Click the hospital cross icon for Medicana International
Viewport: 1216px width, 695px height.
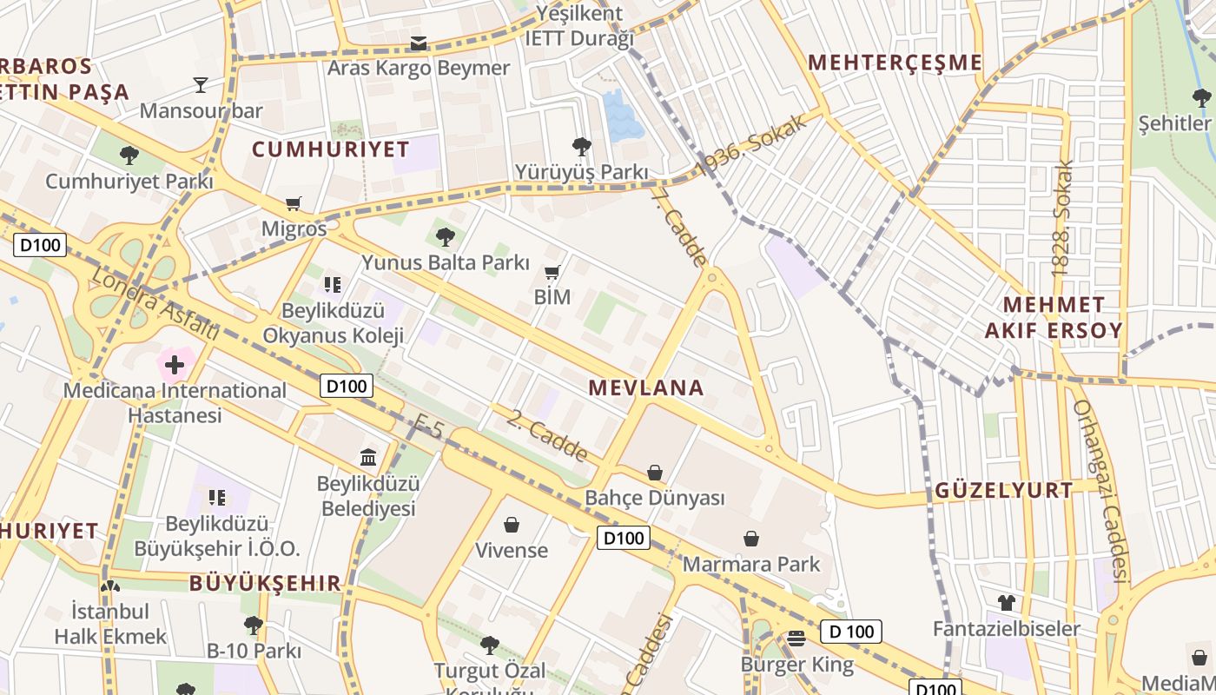[175, 364]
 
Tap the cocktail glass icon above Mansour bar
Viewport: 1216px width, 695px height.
[201, 84]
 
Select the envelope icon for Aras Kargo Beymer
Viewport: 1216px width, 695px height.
[419, 43]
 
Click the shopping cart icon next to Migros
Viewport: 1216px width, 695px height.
[294, 203]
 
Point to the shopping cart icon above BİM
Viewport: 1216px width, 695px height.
[552, 272]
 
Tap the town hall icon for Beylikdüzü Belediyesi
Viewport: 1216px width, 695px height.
[368, 457]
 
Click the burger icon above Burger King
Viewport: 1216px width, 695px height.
[796, 639]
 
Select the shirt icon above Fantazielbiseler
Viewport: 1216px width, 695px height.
[1007, 602]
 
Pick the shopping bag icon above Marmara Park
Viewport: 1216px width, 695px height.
[751, 539]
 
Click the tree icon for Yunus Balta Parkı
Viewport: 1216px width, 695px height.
[446, 235]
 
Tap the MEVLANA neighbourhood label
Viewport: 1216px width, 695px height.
[646, 388]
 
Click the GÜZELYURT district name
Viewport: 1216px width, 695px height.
[1004, 491]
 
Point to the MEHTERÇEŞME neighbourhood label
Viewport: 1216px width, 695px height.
[895, 63]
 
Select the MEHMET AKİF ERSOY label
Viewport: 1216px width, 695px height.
[1054, 318]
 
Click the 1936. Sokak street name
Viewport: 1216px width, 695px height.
[751, 142]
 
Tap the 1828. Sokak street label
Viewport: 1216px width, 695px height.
[1062, 218]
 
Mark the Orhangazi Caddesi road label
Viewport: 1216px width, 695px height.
[1101, 490]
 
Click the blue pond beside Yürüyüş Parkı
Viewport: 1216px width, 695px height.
[623, 116]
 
